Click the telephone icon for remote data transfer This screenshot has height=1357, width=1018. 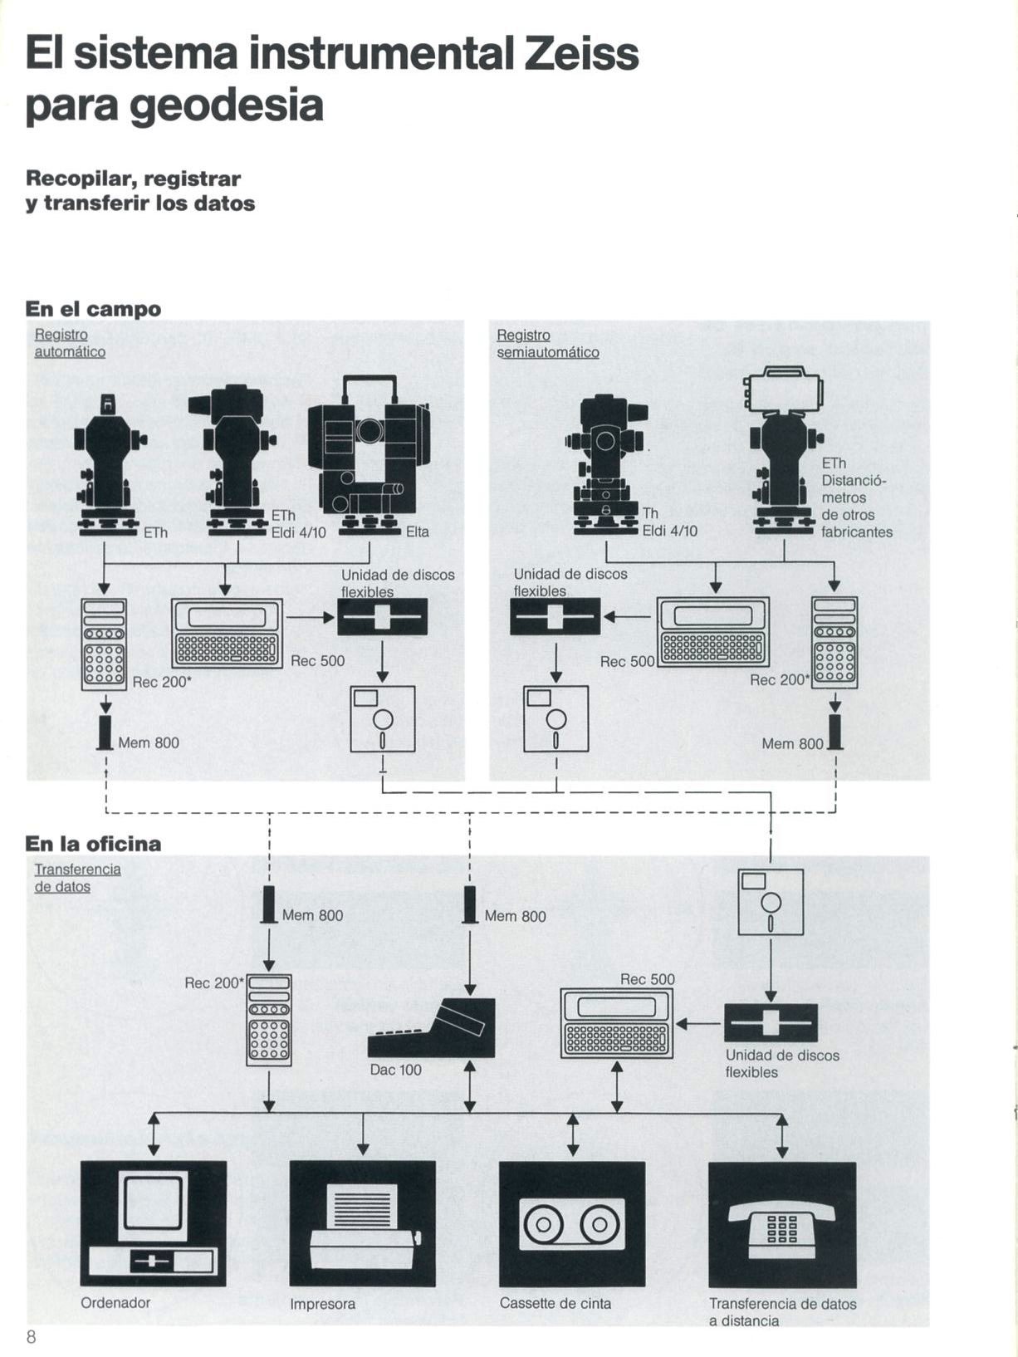(781, 1223)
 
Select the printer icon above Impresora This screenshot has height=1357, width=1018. (362, 1223)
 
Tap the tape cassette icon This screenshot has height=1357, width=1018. (572, 1223)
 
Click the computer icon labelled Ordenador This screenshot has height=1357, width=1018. (153, 1223)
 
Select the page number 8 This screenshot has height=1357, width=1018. (32, 1336)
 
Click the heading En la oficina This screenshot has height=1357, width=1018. (93, 844)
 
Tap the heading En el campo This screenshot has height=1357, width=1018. (93, 309)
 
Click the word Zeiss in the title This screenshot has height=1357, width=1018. (582, 54)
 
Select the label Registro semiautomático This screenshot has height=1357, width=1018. (547, 344)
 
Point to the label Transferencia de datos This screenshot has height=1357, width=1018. (77, 878)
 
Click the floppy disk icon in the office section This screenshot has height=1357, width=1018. (771, 902)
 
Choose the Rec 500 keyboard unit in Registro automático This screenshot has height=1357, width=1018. (227, 633)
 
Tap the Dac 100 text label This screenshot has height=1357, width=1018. (395, 1070)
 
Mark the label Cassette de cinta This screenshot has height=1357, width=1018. (555, 1303)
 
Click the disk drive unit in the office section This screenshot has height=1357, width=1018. (771, 1022)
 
